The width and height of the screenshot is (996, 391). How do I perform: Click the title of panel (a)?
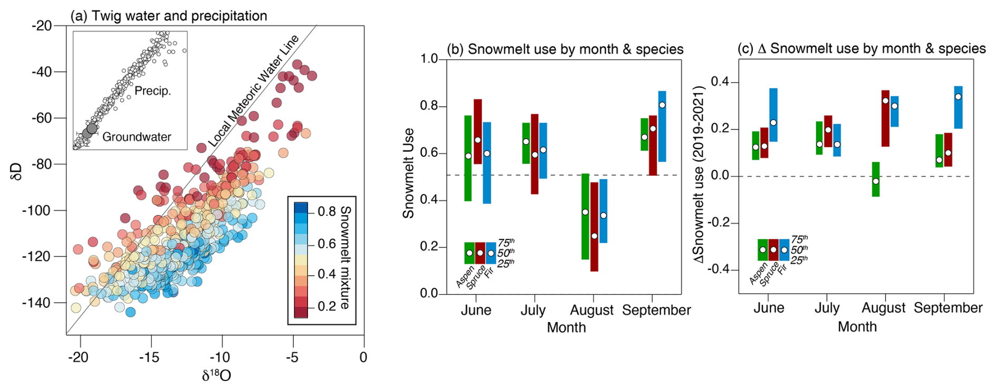pos(168,16)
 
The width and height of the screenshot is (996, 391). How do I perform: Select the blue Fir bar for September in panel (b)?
pos(662,126)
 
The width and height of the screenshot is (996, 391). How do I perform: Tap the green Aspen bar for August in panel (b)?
pos(585,216)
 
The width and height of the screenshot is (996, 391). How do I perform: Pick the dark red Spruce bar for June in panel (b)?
pos(477,132)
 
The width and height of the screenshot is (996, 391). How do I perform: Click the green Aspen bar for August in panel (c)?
pos(875,179)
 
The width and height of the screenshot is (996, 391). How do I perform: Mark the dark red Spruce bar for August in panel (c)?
pos(885,118)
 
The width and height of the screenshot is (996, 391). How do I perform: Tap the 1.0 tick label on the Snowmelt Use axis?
pos(429,59)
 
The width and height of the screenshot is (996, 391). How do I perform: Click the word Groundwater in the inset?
pos(136,137)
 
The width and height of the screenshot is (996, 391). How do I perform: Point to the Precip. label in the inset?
pos(153,91)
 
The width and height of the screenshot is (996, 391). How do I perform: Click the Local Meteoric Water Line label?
pos(253,91)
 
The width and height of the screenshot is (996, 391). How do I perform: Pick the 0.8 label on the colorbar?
pos(326,212)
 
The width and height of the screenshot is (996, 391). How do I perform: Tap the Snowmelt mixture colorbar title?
pos(345,257)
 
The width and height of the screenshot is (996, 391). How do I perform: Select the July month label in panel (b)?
pos(533,310)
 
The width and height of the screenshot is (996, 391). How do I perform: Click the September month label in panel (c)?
pos(948,308)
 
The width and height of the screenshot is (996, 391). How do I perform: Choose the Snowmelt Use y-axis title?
pos(409,173)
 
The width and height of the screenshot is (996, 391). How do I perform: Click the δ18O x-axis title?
pos(216,375)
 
